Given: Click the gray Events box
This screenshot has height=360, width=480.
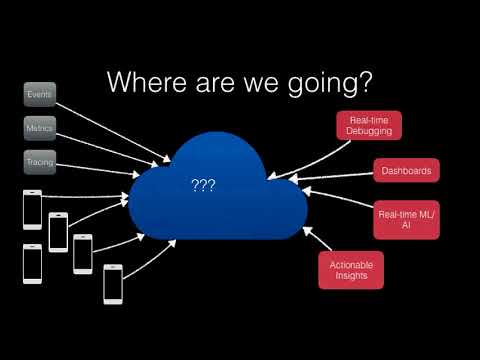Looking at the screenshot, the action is tap(40, 94).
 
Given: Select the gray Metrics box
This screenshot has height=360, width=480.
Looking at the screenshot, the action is tap(40, 128).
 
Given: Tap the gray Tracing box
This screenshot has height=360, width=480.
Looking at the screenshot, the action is tap(40, 162).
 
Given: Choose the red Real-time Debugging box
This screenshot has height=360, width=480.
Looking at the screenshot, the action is tap(369, 125).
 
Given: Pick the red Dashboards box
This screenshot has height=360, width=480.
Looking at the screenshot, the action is tap(406, 171).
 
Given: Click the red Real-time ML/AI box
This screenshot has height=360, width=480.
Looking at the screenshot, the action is tap(406, 220).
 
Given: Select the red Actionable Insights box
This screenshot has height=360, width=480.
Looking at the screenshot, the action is tap(351, 270).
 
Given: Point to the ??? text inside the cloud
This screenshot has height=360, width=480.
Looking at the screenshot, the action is tap(204, 185).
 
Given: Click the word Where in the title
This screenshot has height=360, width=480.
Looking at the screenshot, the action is tap(147, 82).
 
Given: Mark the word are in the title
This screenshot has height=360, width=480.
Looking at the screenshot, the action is tap(215, 85).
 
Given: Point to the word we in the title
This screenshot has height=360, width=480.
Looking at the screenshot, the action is tap(261, 85).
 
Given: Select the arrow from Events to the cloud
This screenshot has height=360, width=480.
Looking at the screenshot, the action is tap(113, 133).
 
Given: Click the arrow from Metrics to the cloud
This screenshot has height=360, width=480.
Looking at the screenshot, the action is tap(107, 150).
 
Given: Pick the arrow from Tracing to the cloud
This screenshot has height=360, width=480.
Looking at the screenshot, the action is tap(98, 170).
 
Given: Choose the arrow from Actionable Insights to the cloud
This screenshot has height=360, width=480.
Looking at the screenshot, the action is tap(317, 238).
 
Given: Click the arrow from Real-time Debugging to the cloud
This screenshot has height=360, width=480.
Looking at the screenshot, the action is tap(309, 160).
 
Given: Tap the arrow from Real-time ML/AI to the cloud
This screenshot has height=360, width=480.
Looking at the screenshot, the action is tap(338, 197).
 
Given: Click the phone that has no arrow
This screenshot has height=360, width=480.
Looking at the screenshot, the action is tap(32, 264).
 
